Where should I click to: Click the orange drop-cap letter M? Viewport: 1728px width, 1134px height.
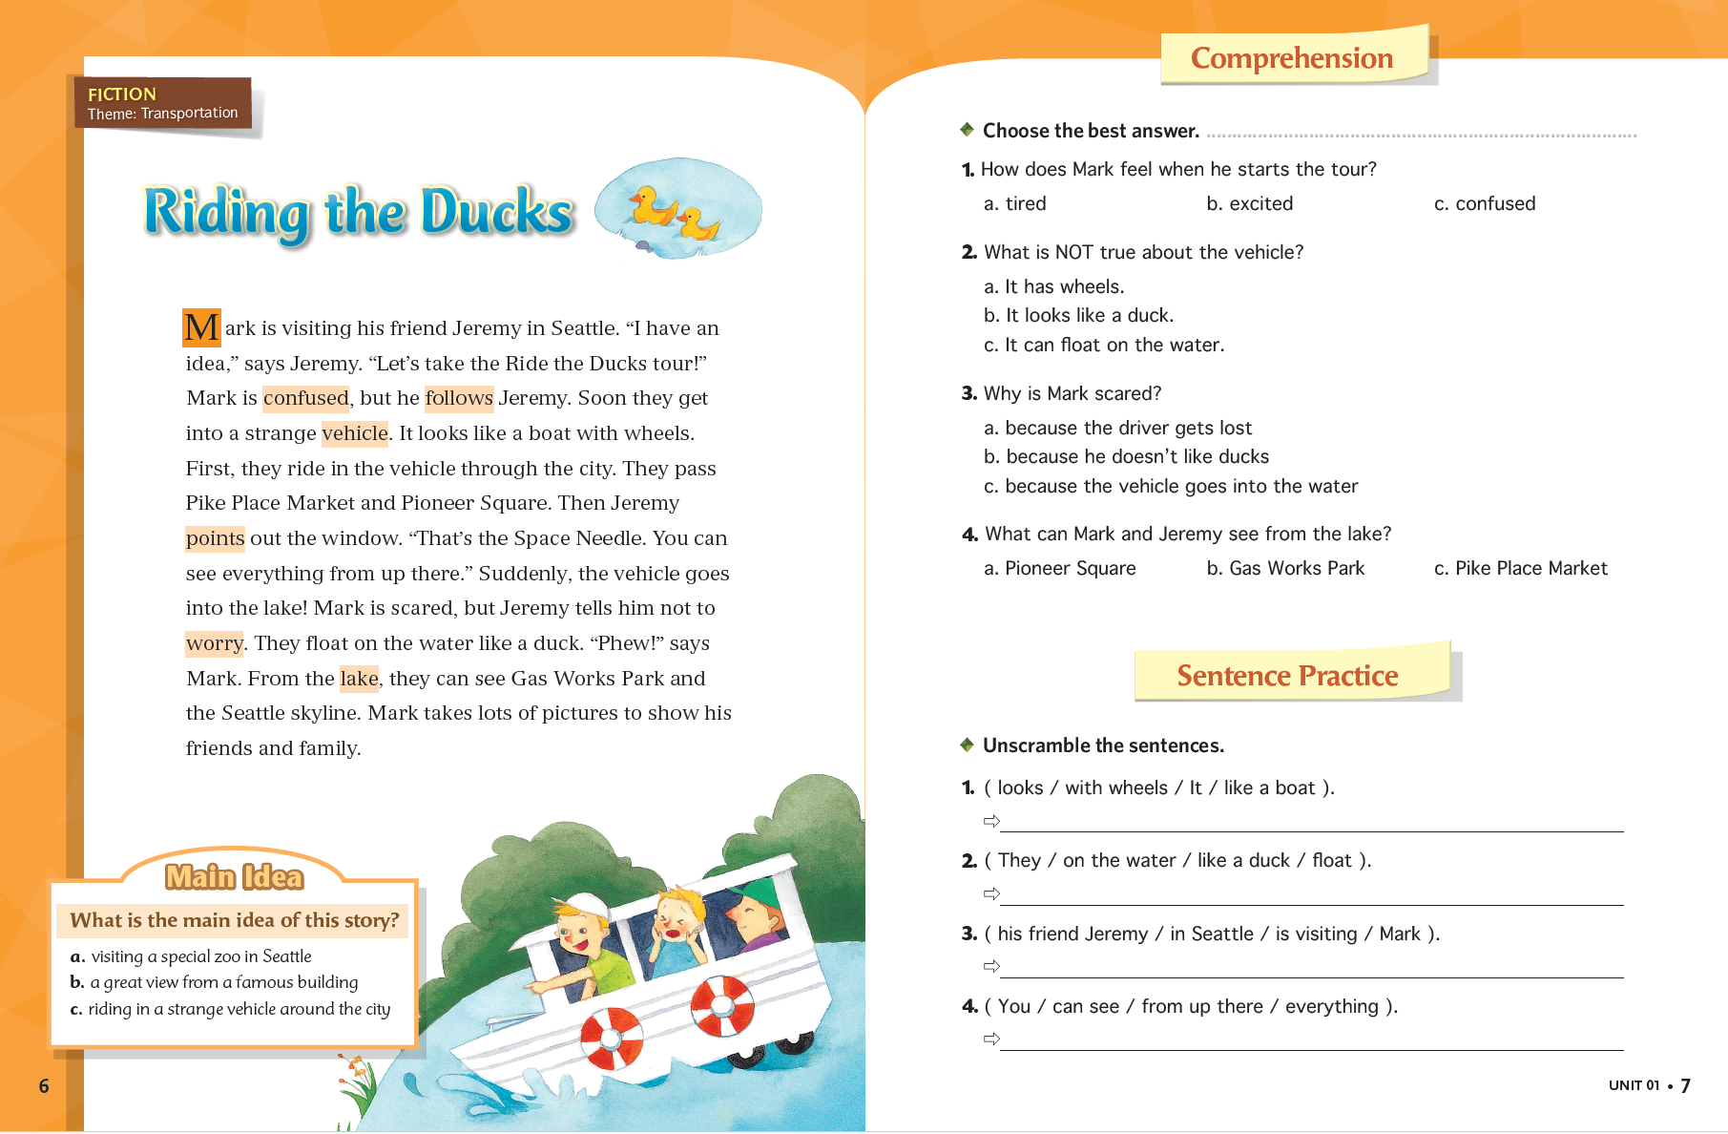coord(201,327)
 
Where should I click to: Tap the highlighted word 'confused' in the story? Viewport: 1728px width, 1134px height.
coord(305,398)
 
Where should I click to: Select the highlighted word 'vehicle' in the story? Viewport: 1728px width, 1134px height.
coord(354,433)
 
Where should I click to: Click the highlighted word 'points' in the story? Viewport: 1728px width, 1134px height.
coord(215,538)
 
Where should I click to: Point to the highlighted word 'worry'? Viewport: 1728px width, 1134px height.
coord(214,643)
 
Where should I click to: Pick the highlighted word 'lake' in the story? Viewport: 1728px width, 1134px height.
coord(359,679)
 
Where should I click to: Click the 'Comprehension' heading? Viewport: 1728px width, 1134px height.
coord(1291,58)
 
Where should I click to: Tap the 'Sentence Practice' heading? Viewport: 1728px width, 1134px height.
coord(1286,676)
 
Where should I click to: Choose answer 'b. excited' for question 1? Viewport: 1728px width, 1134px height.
coord(1249,203)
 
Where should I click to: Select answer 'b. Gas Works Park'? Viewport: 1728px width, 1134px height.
coord(1285,569)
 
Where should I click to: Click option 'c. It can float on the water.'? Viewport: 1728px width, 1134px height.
coord(1103,345)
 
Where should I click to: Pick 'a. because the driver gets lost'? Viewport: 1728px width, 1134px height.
coord(1117,428)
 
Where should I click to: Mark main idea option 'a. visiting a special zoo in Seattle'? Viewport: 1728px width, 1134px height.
coord(191,956)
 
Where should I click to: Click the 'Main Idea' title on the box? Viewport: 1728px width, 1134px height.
coord(234,876)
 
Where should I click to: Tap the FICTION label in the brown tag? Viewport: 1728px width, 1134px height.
coord(122,94)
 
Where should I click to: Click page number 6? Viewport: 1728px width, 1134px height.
coord(44,1085)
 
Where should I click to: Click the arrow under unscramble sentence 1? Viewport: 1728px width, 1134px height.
coord(991,821)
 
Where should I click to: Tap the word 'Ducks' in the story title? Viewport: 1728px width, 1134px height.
coord(496,211)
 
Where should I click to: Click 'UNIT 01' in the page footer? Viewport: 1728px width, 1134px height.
coord(1634,1085)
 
